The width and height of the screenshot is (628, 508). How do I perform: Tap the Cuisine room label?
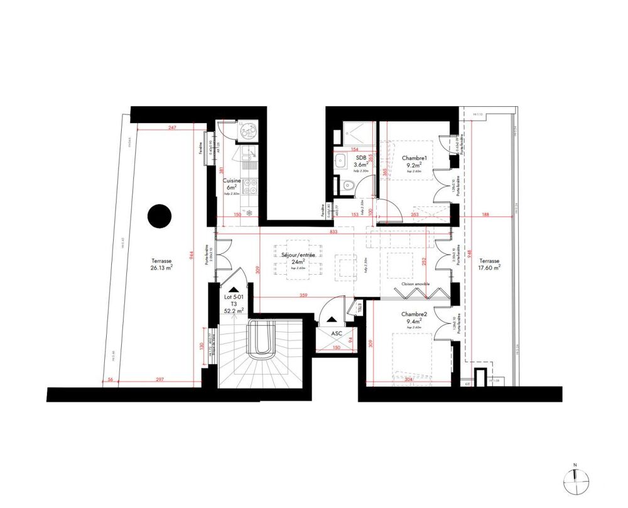tap(232, 180)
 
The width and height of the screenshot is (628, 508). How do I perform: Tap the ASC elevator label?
tap(337, 335)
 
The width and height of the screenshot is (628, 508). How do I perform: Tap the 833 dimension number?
tap(333, 233)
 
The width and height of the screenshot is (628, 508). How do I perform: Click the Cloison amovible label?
tap(415, 283)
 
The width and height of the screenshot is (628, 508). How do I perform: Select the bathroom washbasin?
tap(340, 160)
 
